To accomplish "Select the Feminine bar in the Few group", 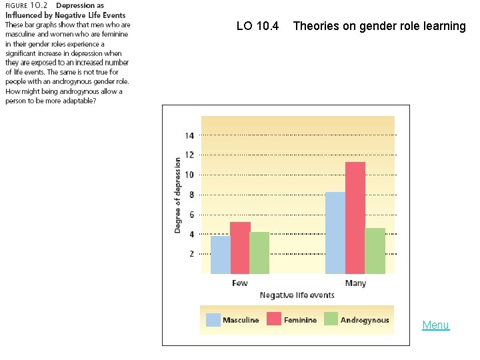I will tap(240, 247).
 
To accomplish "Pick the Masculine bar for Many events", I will tap(335, 233).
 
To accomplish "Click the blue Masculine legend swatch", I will tap(213, 320).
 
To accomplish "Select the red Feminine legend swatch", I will tap(274, 320).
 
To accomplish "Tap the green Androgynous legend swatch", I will tap(331, 320).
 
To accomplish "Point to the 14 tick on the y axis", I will tap(189, 135).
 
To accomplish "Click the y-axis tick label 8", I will tap(191, 195).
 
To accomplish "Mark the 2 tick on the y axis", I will tap(191, 254).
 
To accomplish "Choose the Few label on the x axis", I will tap(240, 283).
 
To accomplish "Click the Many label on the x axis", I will tap(355, 283).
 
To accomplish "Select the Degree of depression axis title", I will tap(178, 195).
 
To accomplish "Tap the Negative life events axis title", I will tap(297, 295).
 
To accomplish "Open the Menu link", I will tap(435, 325).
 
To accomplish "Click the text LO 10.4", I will tap(257, 27).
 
